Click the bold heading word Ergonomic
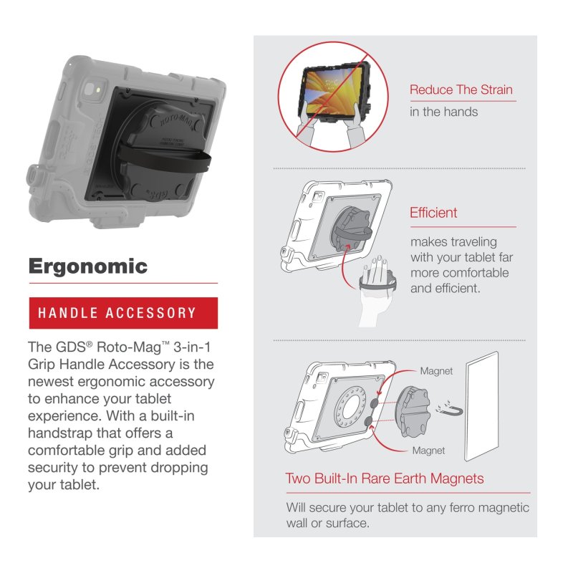pyautogui.click(x=87, y=266)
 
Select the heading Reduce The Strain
pyautogui.click(x=461, y=90)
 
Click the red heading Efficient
pyautogui.click(x=433, y=213)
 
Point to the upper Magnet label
pyautogui.click(x=436, y=372)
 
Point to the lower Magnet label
pyautogui.click(x=428, y=451)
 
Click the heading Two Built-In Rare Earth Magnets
pyautogui.click(x=385, y=478)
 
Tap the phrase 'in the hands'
pyautogui.click(x=443, y=112)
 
